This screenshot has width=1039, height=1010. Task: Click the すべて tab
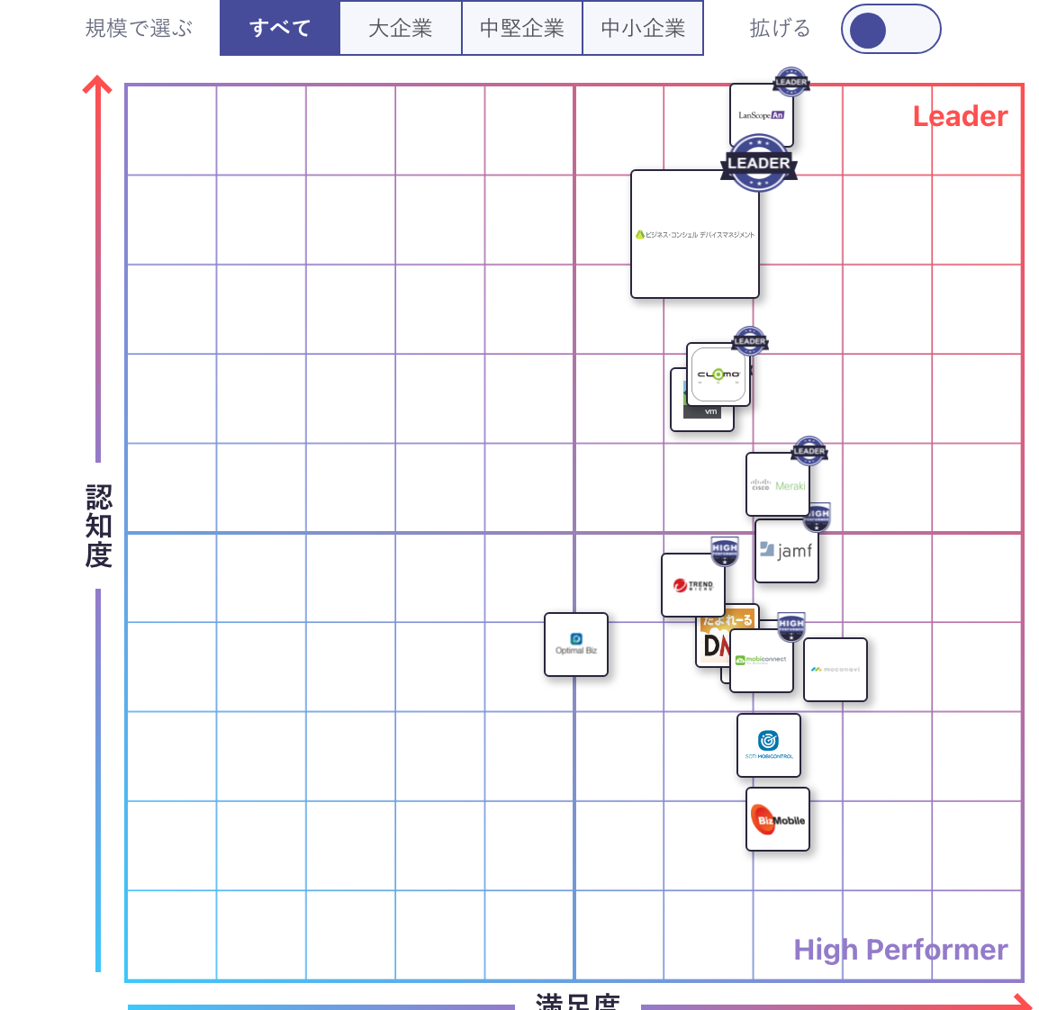point(280,28)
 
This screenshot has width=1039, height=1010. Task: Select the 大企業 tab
point(401,28)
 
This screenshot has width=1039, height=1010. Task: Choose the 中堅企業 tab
point(522,28)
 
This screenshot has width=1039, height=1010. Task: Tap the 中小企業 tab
point(643,28)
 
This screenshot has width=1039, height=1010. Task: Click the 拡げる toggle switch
point(890,29)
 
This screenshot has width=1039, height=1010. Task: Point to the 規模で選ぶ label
point(139,29)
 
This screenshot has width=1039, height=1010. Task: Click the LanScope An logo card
point(761,115)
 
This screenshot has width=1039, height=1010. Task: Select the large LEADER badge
point(759,163)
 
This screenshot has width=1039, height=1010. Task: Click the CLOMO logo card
point(718,374)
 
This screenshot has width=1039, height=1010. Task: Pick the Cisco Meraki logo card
point(778,485)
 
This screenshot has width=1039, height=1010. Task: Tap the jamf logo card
point(786,550)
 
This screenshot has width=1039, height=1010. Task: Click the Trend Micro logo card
point(693,585)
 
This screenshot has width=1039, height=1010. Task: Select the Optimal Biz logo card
point(576,645)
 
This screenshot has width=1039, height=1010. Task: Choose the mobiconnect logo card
point(762,661)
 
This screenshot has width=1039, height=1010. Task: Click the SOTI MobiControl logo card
point(769,745)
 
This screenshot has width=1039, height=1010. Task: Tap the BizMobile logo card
point(778,819)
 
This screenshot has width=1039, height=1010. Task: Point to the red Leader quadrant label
point(960,116)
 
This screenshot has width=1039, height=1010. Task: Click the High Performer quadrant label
point(900,950)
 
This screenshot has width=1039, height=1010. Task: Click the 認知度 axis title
point(98,526)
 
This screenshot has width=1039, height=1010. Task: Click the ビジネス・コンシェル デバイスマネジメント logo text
point(695,234)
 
